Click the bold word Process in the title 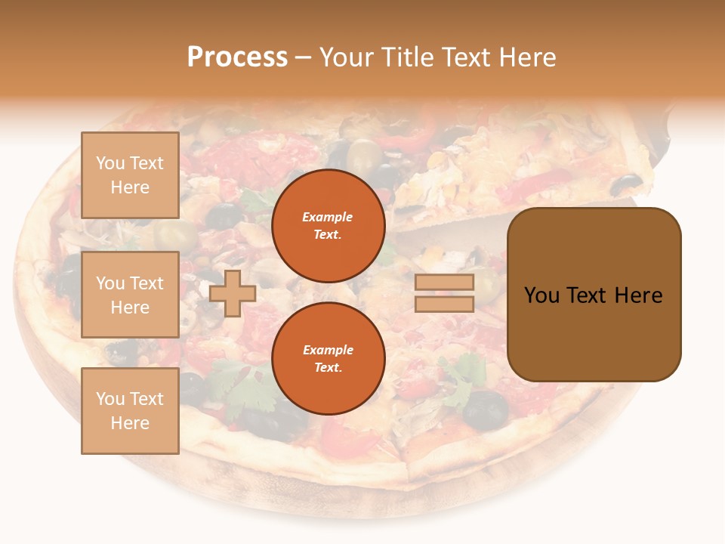[x=237, y=57]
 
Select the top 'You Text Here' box [x=130, y=175]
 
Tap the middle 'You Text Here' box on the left [x=130, y=295]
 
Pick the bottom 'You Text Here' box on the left [x=130, y=410]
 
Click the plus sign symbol [x=233, y=293]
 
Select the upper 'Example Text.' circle [x=328, y=226]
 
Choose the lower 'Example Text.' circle [x=328, y=358]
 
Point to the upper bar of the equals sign [x=444, y=282]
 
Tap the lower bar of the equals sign [x=444, y=304]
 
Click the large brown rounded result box [x=594, y=295]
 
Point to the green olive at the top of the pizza [x=364, y=154]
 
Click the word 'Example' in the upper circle [x=327, y=217]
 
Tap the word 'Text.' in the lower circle [x=328, y=367]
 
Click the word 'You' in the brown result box [x=542, y=295]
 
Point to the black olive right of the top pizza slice [x=626, y=184]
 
